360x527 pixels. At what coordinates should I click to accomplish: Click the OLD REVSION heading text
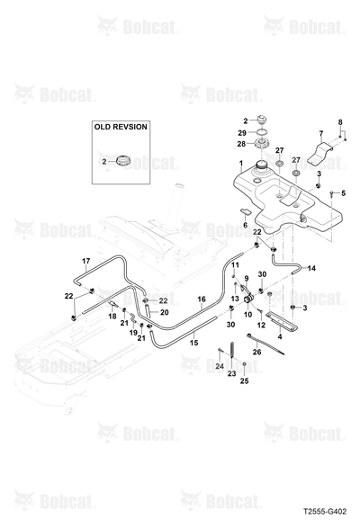pyautogui.click(x=121, y=127)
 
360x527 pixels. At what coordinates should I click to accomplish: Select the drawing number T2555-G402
pyautogui.click(x=324, y=512)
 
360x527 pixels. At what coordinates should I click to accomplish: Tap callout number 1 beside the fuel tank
pyautogui.click(x=241, y=164)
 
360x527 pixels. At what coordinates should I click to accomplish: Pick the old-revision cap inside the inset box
pyautogui.click(x=121, y=161)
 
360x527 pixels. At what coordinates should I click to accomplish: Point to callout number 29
pyautogui.click(x=242, y=133)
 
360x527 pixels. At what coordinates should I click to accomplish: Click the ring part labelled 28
pyautogui.click(x=261, y=143)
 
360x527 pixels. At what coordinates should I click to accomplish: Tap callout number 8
pyautogui.click(x=340, y=122)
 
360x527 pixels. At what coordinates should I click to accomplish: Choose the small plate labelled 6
pyautogui.click(x=246, y=211)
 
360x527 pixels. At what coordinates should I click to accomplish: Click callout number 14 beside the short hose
pyautogui.click(x=311, y=268)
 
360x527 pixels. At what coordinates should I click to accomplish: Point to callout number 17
pyautogui.click(x=86, y=261)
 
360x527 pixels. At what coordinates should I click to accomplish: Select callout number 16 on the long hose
pyautogui.click(x=202, y=299)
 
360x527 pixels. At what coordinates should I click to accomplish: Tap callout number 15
pyautogui.click(x=193, y=343)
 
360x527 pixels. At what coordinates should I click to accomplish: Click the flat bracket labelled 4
pyautogui.click(x=282, y=320)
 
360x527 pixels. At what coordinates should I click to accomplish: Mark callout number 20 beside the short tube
pyautogui.click(x=164, y=313)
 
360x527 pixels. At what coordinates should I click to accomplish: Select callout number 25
pyautogui.click(x=245, y=380)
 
